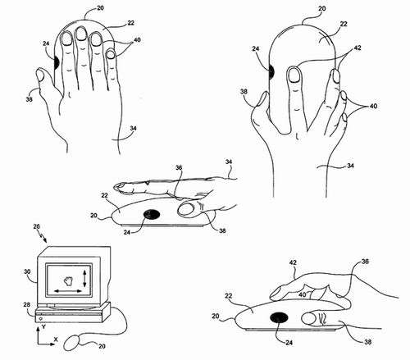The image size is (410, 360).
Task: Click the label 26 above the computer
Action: pos(37,226)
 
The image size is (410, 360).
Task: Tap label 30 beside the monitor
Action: pos(27,271)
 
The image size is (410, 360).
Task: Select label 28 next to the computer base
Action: pos(26,304)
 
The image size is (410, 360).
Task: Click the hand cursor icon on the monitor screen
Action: pos(68,280)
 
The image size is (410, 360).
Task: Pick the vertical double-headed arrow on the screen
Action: pos(84,279)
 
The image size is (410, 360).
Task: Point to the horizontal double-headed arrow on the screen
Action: pos(68,291)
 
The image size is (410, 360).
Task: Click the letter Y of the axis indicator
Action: pos(43,326)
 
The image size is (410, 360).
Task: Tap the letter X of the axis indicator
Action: pos(56,339)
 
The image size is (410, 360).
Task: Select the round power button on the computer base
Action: pos(41,319)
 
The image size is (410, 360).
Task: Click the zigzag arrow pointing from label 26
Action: pos(43,237)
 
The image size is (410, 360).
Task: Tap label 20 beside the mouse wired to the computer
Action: pos(102,346)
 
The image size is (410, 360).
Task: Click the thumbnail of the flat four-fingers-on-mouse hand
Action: pos(40,75)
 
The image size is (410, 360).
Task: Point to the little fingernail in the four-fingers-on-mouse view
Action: pos(111,54)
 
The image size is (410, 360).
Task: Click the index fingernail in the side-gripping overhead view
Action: pos(294,75)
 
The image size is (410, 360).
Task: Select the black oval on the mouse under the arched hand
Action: pos(279,317)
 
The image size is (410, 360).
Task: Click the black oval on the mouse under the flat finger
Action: pos(152,214)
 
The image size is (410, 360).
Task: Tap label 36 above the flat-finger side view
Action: pos(179,167)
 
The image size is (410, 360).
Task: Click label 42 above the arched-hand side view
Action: pos(293,262)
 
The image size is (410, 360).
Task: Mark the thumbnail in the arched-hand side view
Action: pos(308,319)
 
